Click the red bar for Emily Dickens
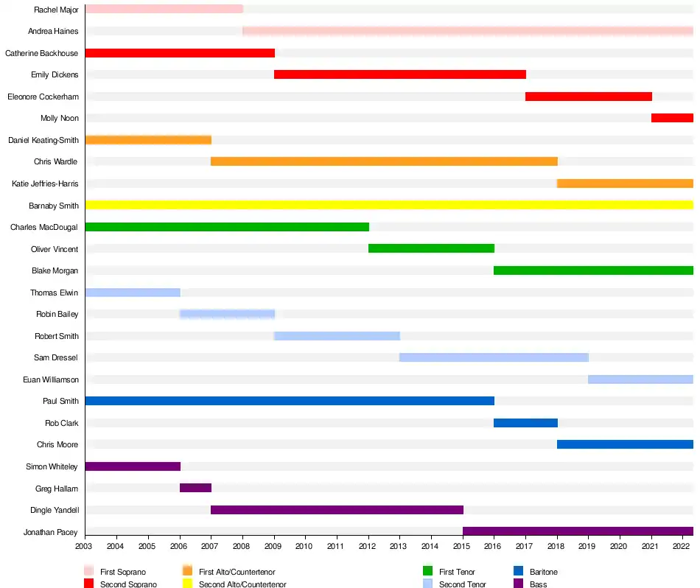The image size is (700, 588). pos(400,74)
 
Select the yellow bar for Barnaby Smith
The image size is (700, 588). pos(389,205)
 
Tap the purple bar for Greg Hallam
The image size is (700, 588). pos(195,488)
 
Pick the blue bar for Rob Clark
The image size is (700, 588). pos(525,423)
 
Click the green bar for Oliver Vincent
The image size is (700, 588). pos(431,248)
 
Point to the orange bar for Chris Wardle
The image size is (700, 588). pos(384,161)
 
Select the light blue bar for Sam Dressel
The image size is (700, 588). pos(494,357)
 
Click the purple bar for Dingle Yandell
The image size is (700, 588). pos(337,510)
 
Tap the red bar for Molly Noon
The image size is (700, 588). pos(672,118)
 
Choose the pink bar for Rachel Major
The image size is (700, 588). pos(164,9)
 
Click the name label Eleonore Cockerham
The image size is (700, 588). pos(43,97)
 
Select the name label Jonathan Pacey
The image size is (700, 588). pos(50,532)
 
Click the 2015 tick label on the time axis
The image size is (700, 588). pos(462,546)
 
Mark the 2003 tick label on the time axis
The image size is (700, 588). pos(85,546)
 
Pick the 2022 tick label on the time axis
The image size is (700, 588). pos(681,546)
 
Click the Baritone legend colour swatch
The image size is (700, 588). pos(518,572)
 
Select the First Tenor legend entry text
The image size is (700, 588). pos(457,572)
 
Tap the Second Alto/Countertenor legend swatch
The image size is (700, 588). pos(187,584)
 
